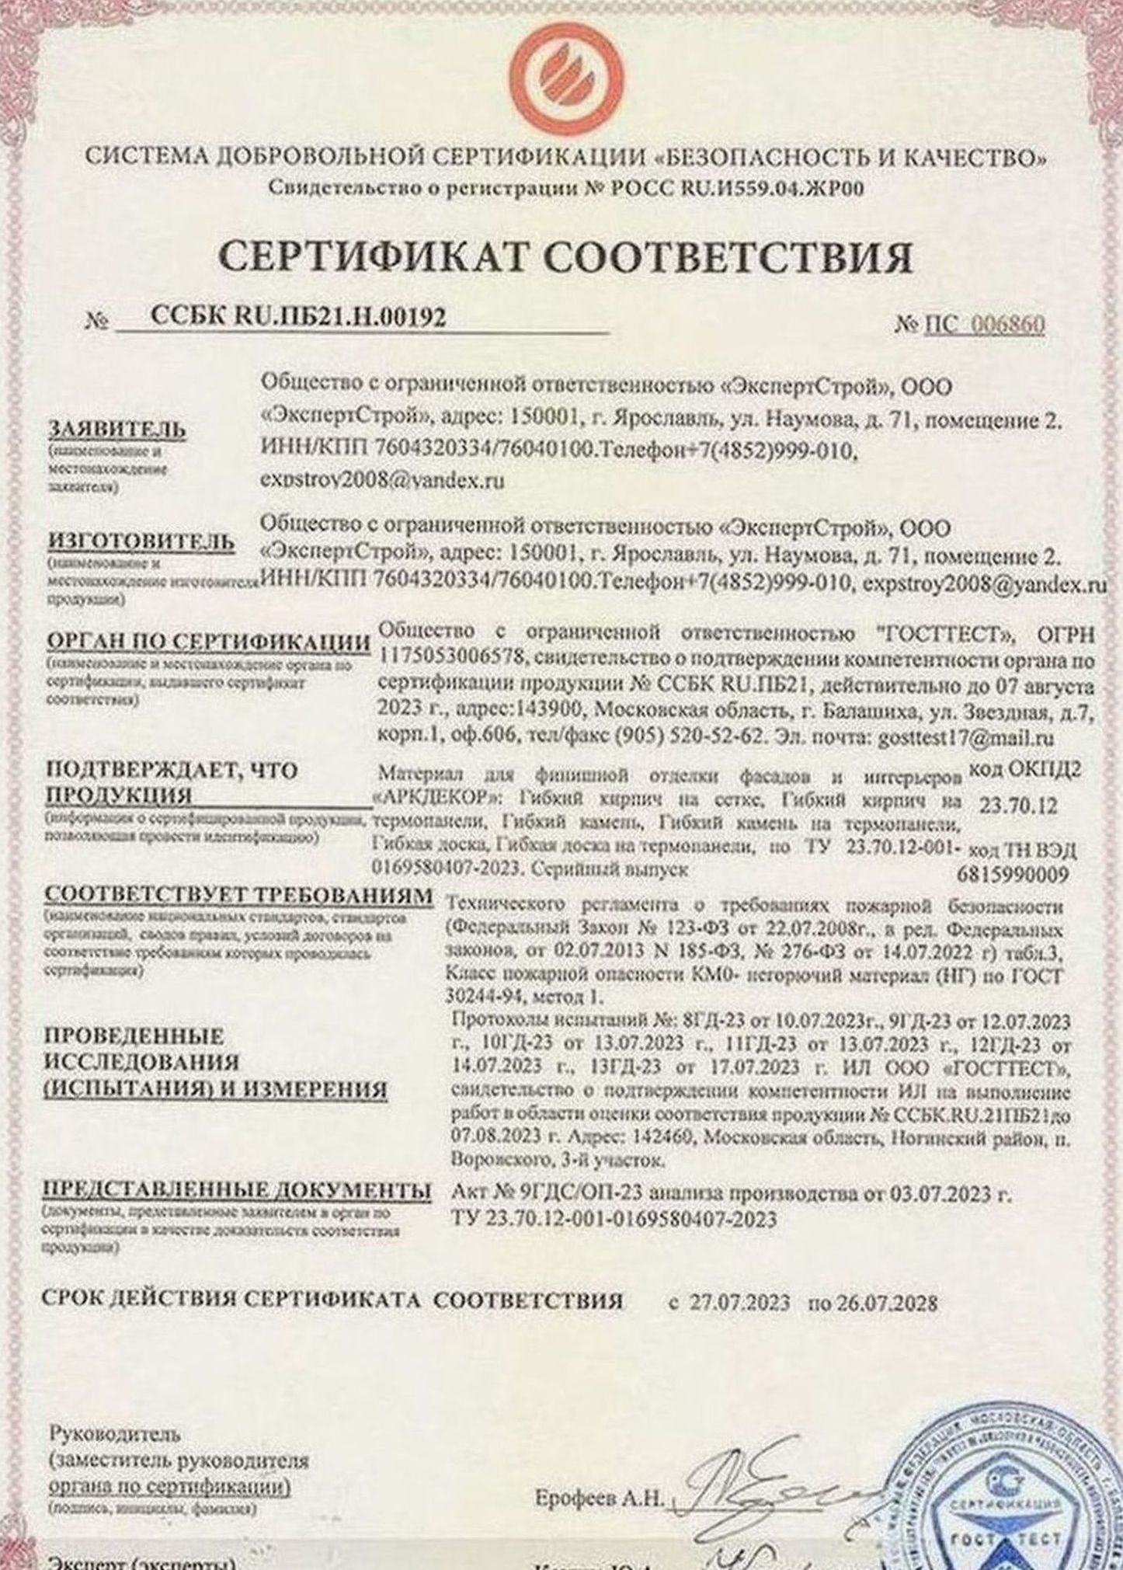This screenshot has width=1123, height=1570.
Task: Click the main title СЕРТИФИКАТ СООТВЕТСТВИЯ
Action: (565, 256)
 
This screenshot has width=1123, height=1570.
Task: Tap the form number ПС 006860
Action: (983, 324)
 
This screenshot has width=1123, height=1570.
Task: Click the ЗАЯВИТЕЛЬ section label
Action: (117, 430)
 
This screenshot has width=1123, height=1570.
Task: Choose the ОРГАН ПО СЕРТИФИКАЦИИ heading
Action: (208, 642)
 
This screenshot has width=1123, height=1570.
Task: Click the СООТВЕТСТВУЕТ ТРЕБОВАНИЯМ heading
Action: (238, 895)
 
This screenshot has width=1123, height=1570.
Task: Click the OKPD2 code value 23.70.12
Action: (1017, 806)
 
